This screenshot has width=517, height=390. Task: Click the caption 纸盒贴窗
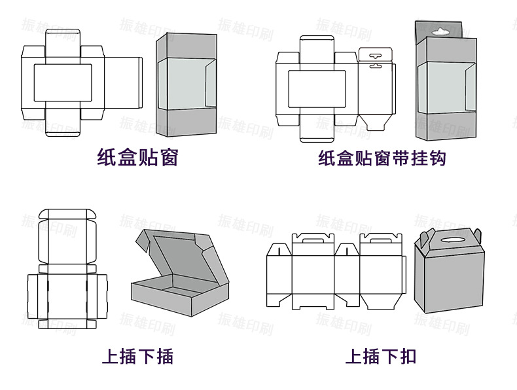tap(137, 158)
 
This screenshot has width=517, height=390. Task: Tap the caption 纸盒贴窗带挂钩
tap(382, 158)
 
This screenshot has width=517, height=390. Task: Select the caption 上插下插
tap(137, 357)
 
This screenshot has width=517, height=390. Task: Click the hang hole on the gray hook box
tap(440, 29)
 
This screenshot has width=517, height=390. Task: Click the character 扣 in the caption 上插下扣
tap(407, 357)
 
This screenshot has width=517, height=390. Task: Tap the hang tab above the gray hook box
tap(440, 30)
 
